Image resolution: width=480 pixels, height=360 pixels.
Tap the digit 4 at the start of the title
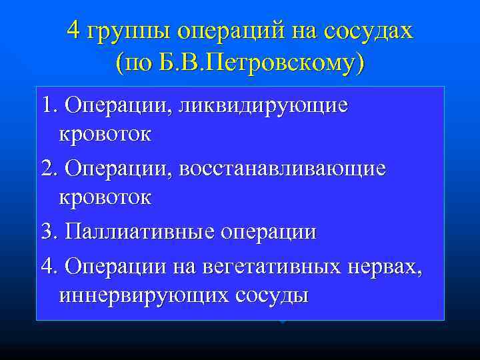click(x=74, y=30)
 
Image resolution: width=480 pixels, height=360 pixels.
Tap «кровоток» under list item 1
click(x=105, y=135)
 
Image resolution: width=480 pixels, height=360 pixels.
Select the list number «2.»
click(x=49, y=169)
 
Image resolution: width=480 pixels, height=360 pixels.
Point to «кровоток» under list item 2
click(x=105, y=198)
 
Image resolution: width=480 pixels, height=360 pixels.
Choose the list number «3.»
click(x=49, y=232)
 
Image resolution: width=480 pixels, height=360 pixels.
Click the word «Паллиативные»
click(x=137, y=232)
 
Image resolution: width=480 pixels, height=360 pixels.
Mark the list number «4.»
click(x=49, y=265)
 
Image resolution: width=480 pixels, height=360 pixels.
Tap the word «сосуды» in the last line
click(x=271, y=295)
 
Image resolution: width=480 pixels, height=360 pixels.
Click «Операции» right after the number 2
click(x=117, y=169)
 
